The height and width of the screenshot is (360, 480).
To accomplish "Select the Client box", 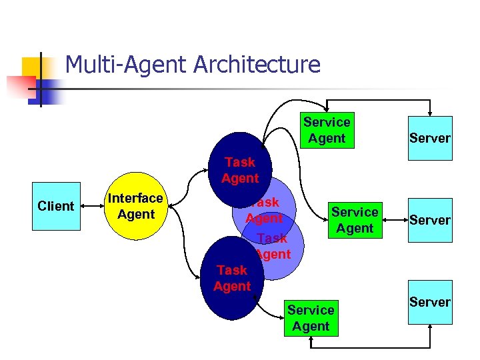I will point(56,206).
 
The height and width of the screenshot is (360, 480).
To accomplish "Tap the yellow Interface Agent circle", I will point(135,207).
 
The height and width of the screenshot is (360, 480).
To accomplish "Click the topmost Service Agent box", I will point(327,130).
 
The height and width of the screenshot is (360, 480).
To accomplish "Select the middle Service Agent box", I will point(355,220).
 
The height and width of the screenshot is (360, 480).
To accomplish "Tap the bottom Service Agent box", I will point(311,318).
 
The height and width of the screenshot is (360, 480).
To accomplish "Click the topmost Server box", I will point(430,139).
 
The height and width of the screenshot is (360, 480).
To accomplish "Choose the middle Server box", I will point(430,220).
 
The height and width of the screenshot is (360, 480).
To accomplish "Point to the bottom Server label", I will point(430,302).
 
